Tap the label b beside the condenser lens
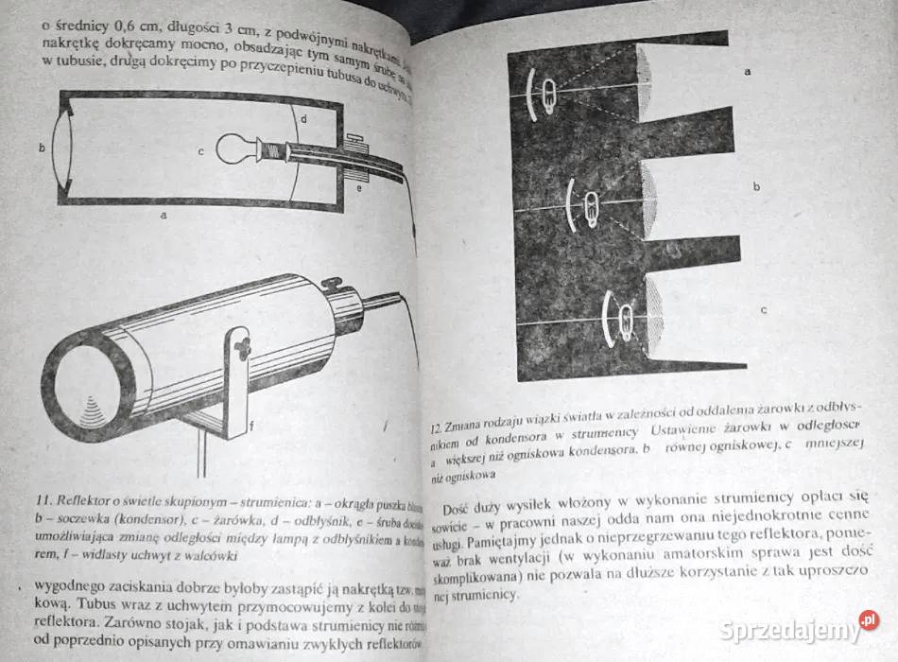[42, 148]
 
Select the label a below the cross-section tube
[164, 216]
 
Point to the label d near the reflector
[302, 119]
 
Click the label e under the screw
[358, 188]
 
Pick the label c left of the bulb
[200, 149]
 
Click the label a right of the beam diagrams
[749, 72]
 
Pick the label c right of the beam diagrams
[762, 309]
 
